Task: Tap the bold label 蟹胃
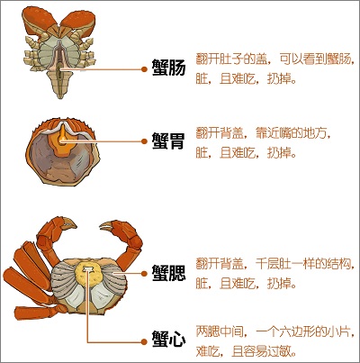point(168,141)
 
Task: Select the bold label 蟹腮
point(169,273)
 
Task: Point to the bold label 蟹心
point(169,340)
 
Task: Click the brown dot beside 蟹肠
point(145,69)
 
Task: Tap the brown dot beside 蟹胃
point(145,141)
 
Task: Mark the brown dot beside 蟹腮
point(145,273)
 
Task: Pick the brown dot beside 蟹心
point(145,341)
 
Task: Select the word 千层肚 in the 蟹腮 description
point(272,264)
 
